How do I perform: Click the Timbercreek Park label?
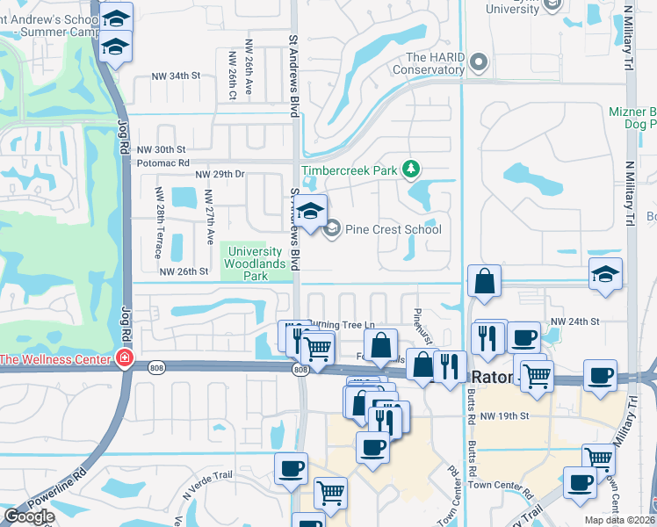pyautogui.click(x=349, y=170)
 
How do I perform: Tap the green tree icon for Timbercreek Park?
pyautogui.click(x=408, y=168)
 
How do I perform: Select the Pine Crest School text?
pyautogui.click(x=393, y=229)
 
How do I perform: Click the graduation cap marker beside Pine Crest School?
pyautogui.click(x=309, y=212)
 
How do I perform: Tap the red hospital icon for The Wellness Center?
pyautogui.click(x=125, y=358)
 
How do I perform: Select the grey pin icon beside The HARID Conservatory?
pyautogui.click(x=479, y=61)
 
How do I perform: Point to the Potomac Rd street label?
pyautogui.click(x=160, y=162)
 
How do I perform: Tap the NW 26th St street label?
pyautogui.click(x=184, y=271)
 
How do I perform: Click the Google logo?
pyautogui.click(x=29, y=516)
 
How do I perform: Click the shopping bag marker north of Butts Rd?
pyautogui.click(x=484, y=282)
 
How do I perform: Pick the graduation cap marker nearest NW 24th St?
pyautogui.click(x=605, y=274)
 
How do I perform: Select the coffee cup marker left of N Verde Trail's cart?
pyautogui.click(x=291, y=468)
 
